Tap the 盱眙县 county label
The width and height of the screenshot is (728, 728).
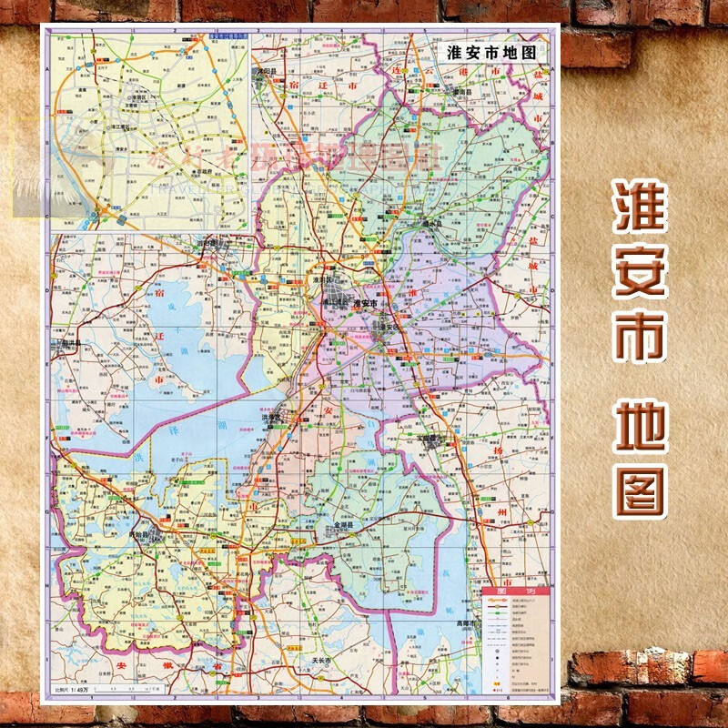[144, 526]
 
